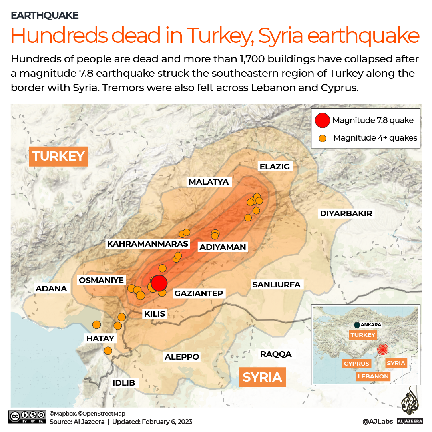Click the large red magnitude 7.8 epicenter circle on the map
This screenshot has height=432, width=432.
pyautogui.click(x=159, y=283)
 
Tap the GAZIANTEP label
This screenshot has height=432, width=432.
pyautogui.click(x=198, y=293)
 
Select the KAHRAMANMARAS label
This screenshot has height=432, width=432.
pyautogui.click(x=147, y=244)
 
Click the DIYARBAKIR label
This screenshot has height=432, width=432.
pyautogui.click(x=346, y=213)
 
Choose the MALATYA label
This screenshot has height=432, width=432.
pyautogui.click(x=209, y=182)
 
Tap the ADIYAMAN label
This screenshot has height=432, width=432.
pyautogui.click(x=223, y=247)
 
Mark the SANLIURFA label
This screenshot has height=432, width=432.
pyautogui.click(x=276, y=285)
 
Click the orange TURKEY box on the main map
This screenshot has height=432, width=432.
pyautogui.click(x=58, y=156)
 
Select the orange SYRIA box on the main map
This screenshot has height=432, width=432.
pyautogui.click(x=262, y=377)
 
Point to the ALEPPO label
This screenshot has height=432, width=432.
pyautogui.click(x=182, y=357)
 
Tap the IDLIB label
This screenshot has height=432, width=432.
pyautogui.click(x=123, y=383)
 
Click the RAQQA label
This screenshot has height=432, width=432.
pyautogui.click(x=276, y=354)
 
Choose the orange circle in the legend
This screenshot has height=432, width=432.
pyautogui.click(x=323, y=138)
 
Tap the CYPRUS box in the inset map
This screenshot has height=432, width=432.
pyautogui.click(x=356, y=363)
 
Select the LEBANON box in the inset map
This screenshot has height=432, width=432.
pyautogui.click(x=373, y=376)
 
